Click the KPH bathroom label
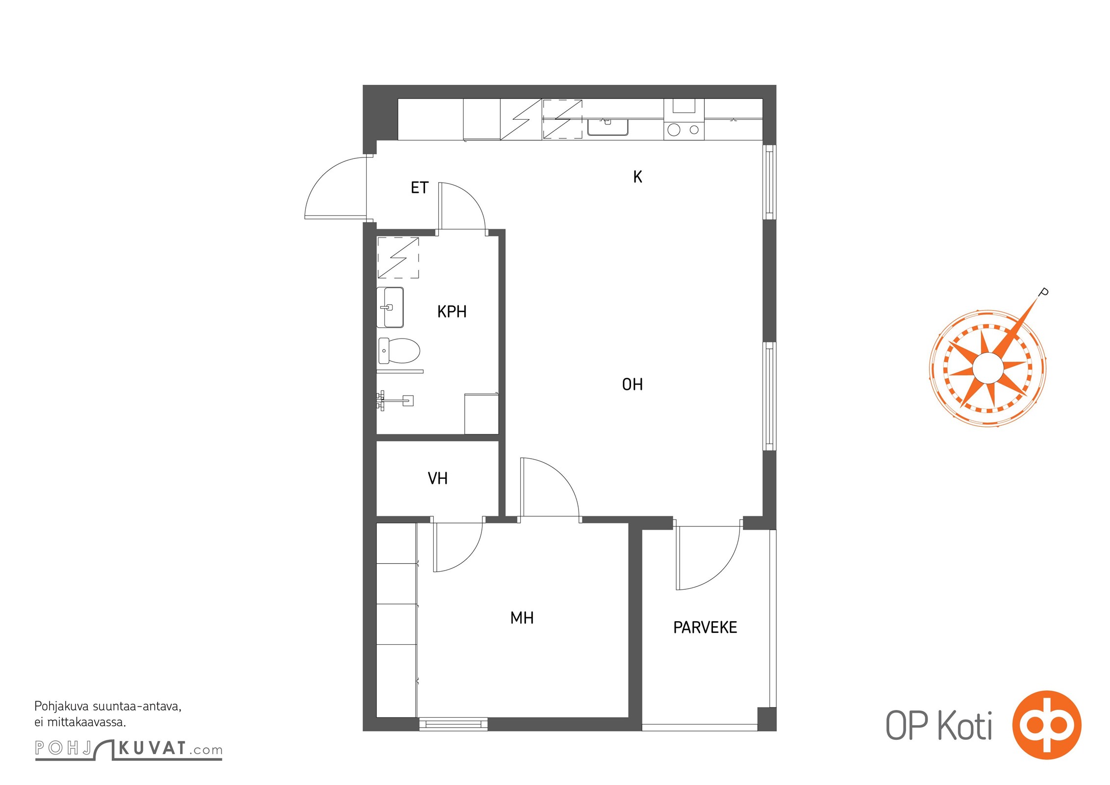(x=451, y=312)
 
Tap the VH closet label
(x=438, y=478)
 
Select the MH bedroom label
(x=522, y=618)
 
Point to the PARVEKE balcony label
(x=705, y=628)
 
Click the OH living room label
(x=632, y=384)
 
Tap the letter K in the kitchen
(x=637, y=177)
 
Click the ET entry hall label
(x=420, y=188)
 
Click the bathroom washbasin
(x=390, y=308)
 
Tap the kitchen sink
(x=608, y=127)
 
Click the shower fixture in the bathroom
(x=395, y=400)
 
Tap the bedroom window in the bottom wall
(x=453, y=724)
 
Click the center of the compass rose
(x=987, y=368)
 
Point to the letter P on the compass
(x=1044, y=292)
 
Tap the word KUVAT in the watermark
(x=152, y=749)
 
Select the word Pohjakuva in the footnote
(x=61, y=707)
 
